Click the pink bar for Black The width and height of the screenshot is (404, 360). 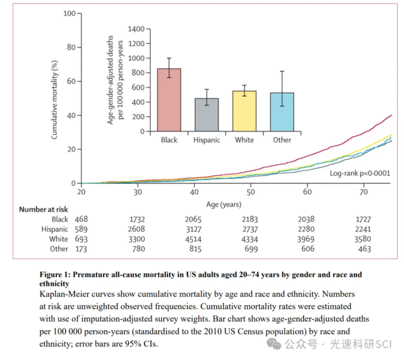click(x=169, y=100)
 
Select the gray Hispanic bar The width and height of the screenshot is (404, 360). click(x=207, y=115)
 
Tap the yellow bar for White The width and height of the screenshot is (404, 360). click(x=245, y=111)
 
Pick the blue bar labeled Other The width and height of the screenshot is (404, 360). click(x=282, y=112)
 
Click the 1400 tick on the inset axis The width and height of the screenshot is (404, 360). click(x=136, y=28)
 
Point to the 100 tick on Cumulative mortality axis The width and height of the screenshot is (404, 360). click(x=69, y=13)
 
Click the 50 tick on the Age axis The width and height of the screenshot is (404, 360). click(x=251, y=193)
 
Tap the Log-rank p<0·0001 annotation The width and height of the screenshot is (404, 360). click(x=360, y=173)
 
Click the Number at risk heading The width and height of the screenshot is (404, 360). click(x=44, y=209)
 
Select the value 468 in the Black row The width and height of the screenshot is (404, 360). click(x=81, y=219)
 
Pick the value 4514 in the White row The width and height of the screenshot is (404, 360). click(x=194, y=239)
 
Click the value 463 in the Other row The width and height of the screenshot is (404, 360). click(x=363, y=248)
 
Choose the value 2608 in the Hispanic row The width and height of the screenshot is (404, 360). click(x=137, y=229)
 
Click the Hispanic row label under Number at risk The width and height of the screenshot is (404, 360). click(x=55, y=229)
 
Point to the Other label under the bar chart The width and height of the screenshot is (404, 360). click(x=282, y=140)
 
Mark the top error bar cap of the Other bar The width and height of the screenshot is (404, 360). click(x=282, y=71)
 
